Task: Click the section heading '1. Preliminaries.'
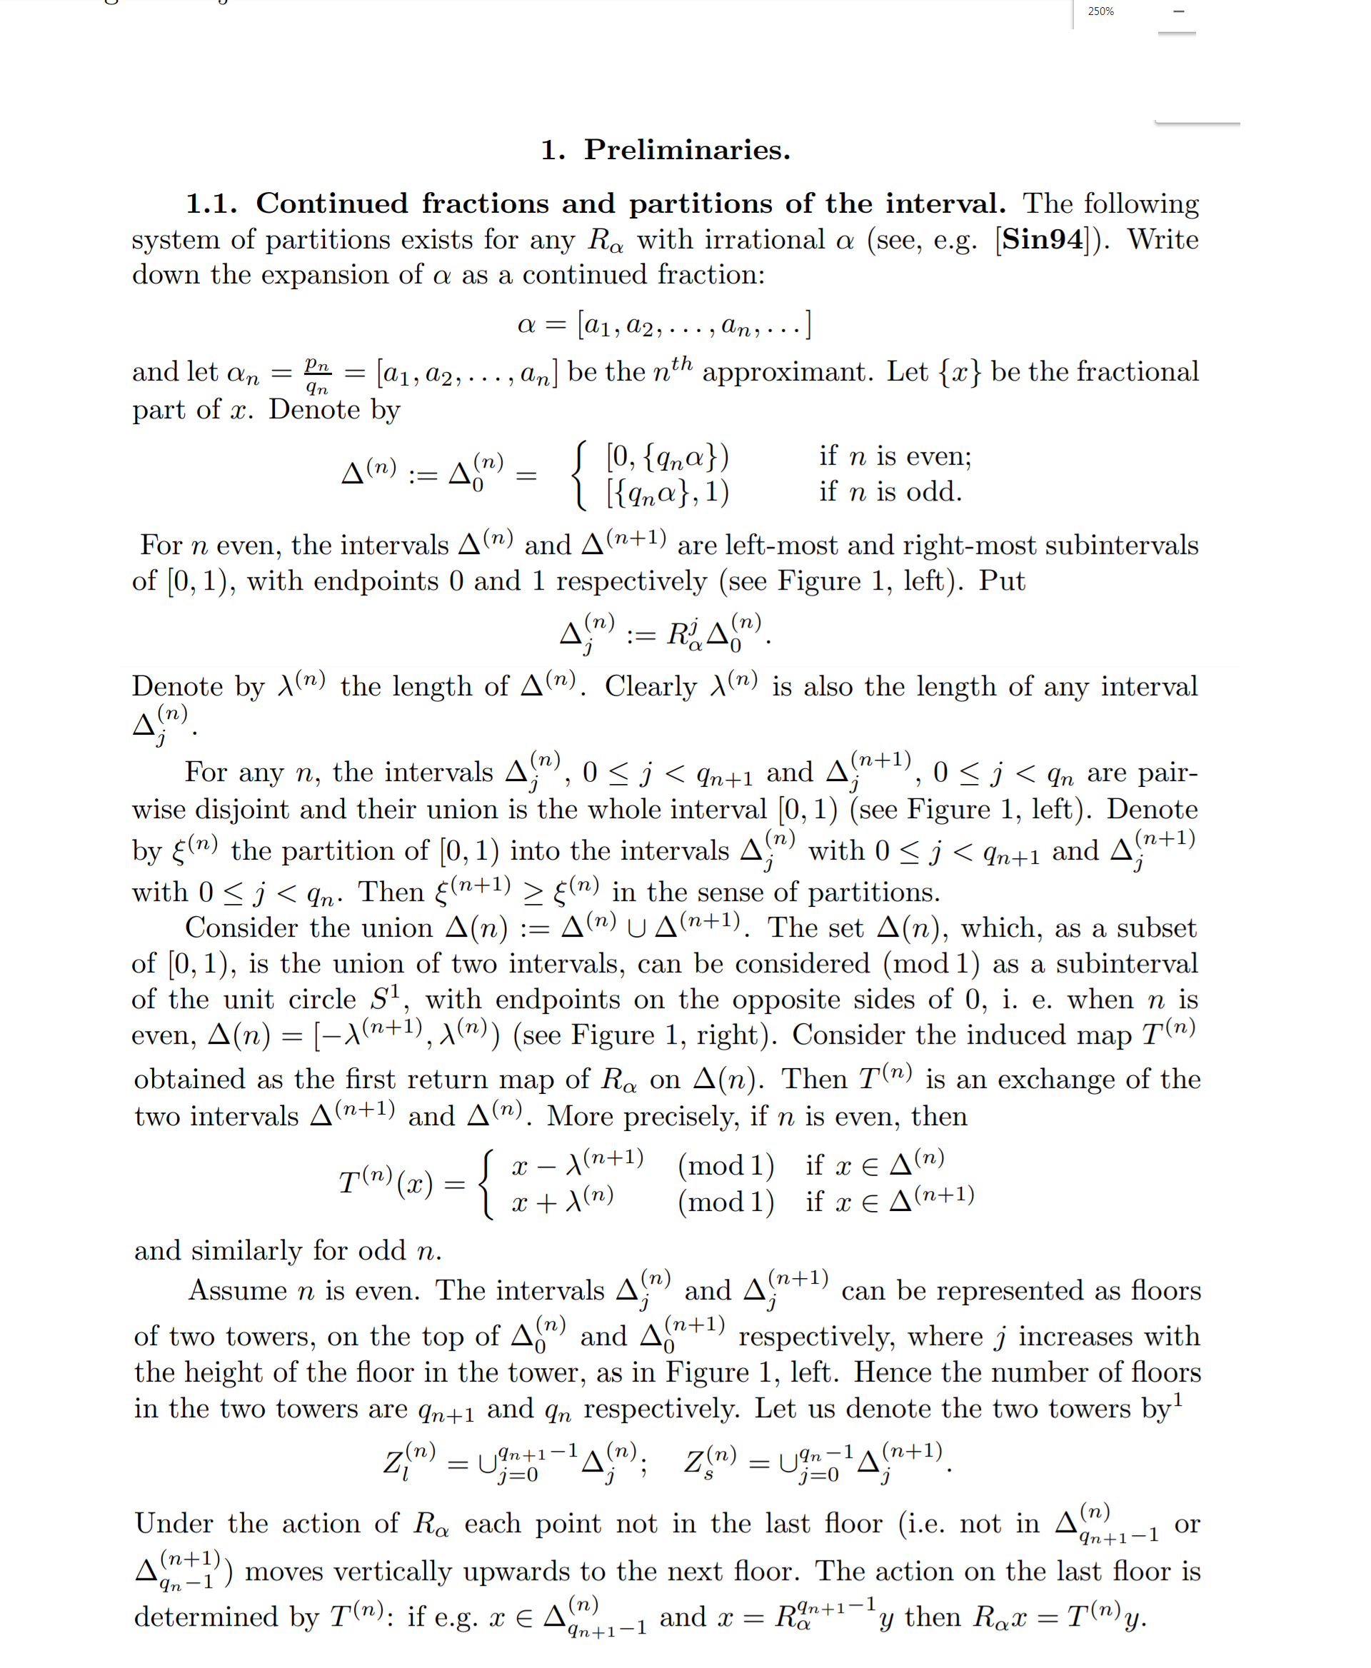point(665,150)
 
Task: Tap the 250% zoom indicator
point(1100,11)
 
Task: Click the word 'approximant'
point(788,372)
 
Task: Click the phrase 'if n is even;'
point(895,456)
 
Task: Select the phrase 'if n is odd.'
point(890,491)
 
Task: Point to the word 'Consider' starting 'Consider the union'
point(229,928)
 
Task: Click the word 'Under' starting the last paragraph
point(174,1524)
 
